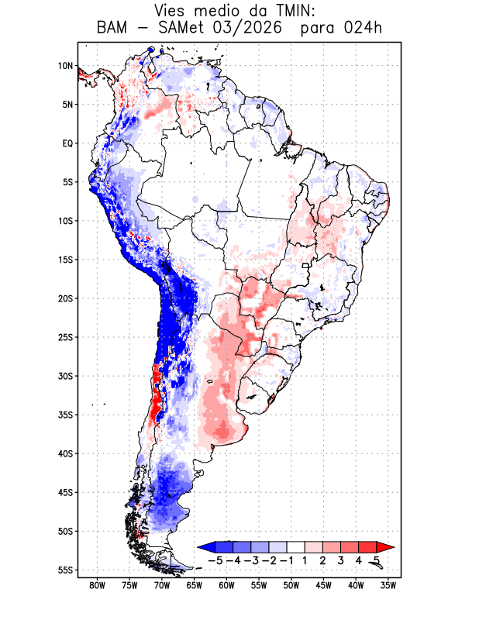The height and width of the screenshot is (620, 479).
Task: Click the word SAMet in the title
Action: point(181,28)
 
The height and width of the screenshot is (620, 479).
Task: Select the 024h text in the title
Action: point(363,28)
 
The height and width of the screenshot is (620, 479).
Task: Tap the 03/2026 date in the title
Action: point(246,28)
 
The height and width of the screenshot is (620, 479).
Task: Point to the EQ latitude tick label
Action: point(67,143)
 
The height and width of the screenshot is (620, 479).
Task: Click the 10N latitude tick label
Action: point(66,66)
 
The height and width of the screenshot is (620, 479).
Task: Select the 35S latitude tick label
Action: point(66,415)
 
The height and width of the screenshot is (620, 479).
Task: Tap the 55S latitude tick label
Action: point(66,570)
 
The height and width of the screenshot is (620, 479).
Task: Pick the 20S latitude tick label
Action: point(66,298)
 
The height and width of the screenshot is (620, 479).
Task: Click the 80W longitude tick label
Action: point(98,586)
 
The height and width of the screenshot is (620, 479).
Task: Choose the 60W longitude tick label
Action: point(226,586)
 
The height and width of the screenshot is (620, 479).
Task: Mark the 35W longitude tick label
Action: point(388,586)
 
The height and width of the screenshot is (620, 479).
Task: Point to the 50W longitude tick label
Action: point(291,586)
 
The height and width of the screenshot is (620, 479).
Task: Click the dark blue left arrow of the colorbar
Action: point(206,547)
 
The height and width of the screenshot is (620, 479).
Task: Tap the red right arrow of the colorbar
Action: point(385,547)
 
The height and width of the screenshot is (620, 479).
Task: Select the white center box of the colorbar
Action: point(296,547)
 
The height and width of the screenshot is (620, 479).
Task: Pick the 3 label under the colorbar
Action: point(340,560)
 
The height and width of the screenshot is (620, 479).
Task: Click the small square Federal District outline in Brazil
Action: point(305,266)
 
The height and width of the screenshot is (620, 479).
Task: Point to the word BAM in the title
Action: point(112,28)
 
